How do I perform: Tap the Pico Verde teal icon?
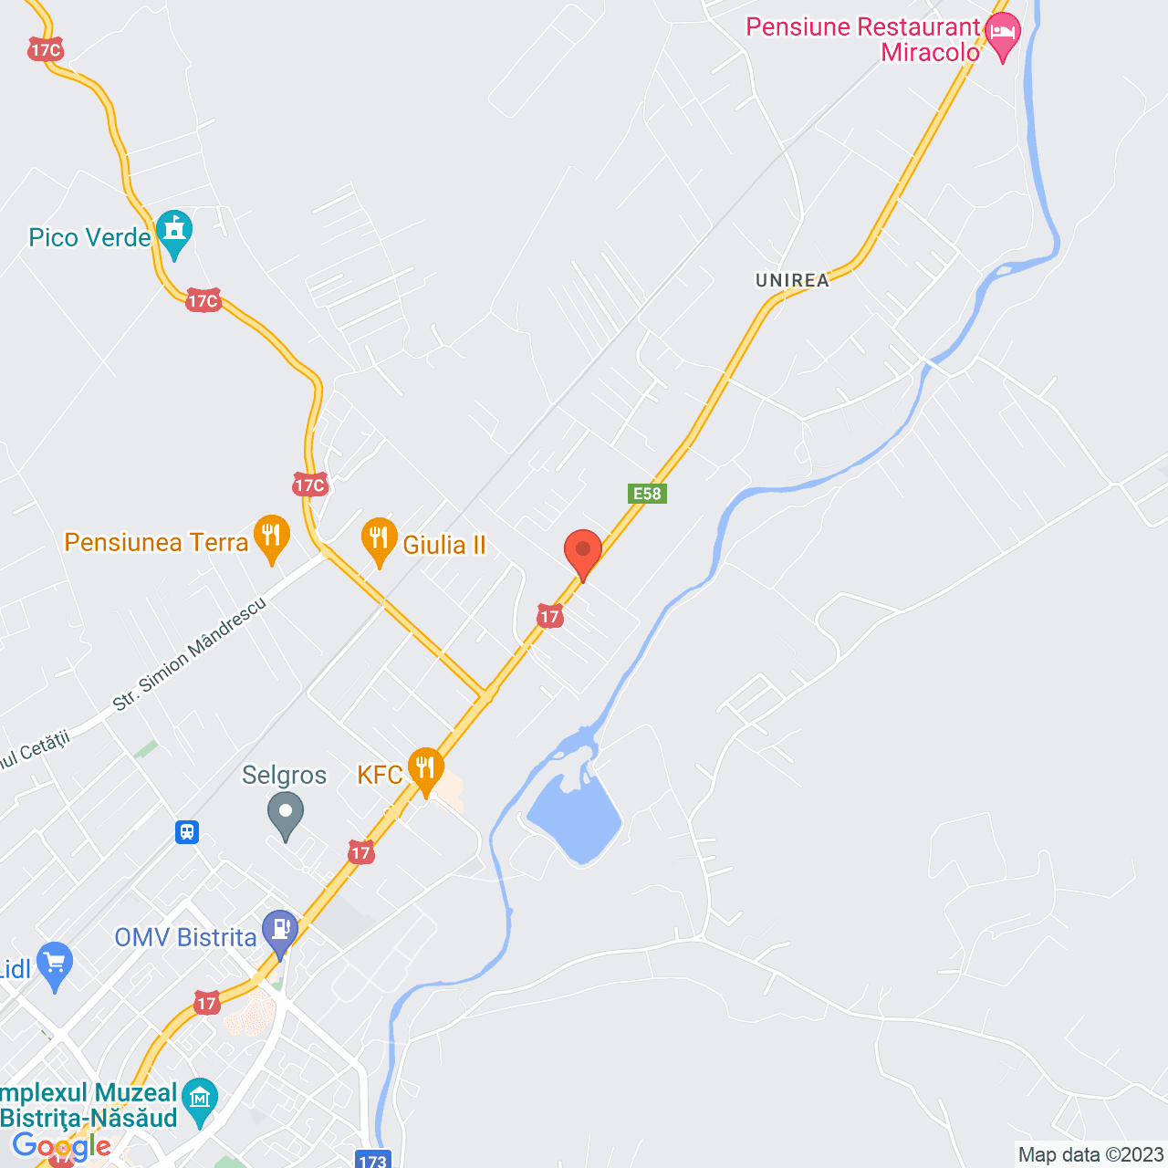[173, 233]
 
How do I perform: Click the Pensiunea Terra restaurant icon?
[271, 537]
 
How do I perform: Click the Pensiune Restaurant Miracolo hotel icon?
[1003, 36]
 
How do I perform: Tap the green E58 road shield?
[647, 494]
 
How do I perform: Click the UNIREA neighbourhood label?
[792, 281]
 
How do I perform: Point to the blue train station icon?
[187, 831]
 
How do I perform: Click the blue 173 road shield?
[372, 1160]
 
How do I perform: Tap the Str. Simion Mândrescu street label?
[189, 653]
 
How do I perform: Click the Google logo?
[62, 1146]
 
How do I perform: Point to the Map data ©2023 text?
[1090, 1155]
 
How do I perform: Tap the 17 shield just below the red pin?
[549, 616]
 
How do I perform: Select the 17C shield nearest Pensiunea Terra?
[310, 485]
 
